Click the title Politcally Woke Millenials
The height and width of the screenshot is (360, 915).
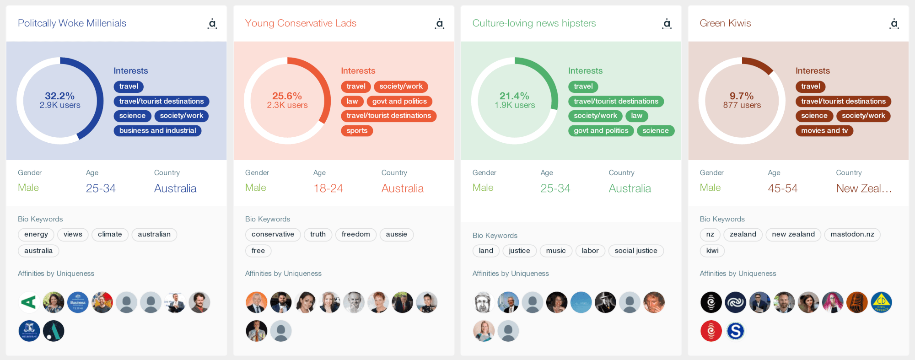point(72,23)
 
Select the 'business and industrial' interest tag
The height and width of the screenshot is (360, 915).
point(157,131)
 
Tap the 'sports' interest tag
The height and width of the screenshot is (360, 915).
point(357,131)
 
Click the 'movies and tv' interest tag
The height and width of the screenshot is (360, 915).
point(824,131)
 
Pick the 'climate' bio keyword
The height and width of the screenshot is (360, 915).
point(110,235)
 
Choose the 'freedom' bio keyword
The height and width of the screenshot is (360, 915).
point(355,235)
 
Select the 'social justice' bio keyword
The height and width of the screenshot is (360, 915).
point(636,251)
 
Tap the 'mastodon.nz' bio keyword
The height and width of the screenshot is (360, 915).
point(852,235)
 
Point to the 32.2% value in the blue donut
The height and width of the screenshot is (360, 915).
point(59,96)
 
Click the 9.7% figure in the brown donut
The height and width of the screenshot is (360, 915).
point(742,96)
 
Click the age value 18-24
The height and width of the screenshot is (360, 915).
point(328,188)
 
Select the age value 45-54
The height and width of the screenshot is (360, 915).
point(782,188)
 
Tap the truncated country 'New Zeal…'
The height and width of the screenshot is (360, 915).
point(864,188)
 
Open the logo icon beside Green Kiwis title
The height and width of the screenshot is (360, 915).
point(894,23)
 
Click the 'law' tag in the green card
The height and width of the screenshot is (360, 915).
point(636,116)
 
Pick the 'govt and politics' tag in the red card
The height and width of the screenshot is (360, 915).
point(399,102)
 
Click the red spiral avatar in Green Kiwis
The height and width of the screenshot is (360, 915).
point(711,331)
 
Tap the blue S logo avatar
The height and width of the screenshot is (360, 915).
point(735,331)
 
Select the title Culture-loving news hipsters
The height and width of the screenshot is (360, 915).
point(534,23)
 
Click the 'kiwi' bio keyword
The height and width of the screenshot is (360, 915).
point(712,251)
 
